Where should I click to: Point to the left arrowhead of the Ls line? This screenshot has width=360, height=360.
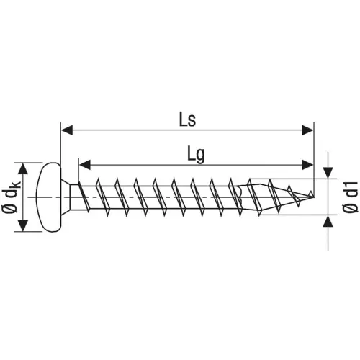pos(67,130)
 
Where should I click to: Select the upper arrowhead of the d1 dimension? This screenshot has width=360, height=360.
pos(328,173)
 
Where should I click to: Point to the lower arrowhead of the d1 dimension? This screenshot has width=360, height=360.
pos(328,219)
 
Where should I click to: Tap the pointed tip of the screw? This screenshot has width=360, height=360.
pos(311,194)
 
